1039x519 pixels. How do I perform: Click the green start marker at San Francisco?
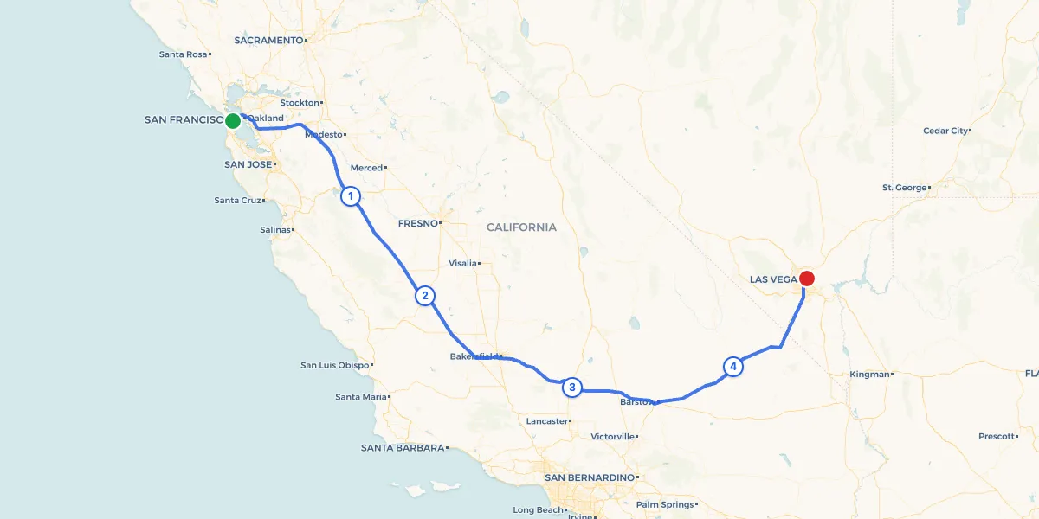pos(233,121)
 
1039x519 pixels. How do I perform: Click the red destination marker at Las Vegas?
pos(806,279)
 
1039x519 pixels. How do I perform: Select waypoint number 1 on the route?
pos(351,196)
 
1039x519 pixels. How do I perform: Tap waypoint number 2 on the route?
pos(424,296)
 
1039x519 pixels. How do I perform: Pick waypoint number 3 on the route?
pos(571,388)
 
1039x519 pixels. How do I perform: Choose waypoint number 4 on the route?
pos(733,367)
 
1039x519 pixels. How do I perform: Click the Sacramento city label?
pos(268,40)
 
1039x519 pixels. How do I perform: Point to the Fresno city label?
pos(418,223)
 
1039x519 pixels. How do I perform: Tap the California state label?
pos(521,227)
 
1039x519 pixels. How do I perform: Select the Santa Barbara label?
pos(403,448)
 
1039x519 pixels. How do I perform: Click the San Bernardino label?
pos(589,477)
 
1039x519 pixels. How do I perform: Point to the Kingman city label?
pos(870,375)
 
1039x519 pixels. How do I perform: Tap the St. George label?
pos(904,188)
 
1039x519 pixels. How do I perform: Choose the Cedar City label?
pos(945,131)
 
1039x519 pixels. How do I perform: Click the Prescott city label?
pos(997,437)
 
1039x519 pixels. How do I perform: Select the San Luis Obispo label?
pos(335,365)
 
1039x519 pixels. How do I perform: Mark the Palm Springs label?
pos(665,504)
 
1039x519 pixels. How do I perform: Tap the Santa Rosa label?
pos(184,54)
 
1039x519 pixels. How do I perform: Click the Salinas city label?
pos(275,230)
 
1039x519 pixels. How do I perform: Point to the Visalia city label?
pos(462,263)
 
